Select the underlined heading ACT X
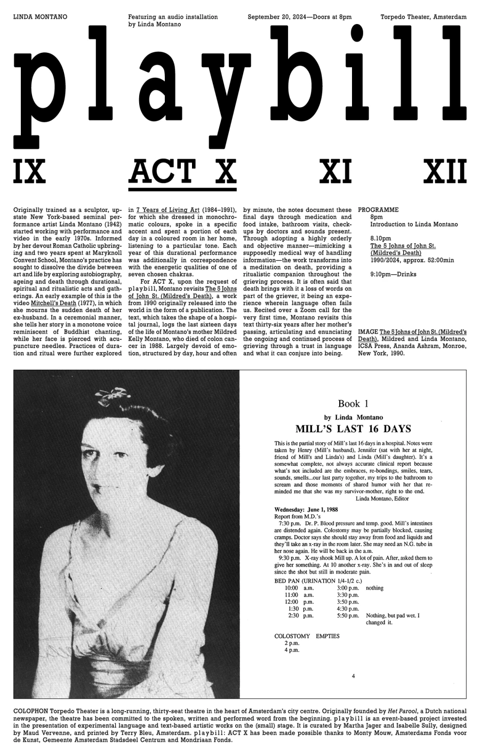click(182, 171)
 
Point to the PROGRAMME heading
click(378, 210)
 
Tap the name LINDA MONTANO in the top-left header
click(40, 17)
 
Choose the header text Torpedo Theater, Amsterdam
click(423, 17)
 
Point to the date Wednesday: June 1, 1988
click(302, 510)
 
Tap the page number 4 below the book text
click(353, 677)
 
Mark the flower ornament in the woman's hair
click(110, 395)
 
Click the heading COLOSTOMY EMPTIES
click(307, 636)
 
